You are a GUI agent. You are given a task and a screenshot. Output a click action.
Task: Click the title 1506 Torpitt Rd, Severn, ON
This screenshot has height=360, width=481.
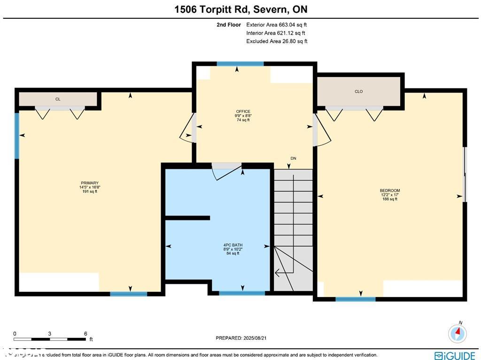point(240,9)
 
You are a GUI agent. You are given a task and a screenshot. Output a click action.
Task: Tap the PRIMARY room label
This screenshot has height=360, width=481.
point(89,183)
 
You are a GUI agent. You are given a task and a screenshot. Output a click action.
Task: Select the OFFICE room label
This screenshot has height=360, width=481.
point(243,111)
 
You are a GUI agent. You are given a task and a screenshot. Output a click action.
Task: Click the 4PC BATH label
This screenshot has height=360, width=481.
point(233,245)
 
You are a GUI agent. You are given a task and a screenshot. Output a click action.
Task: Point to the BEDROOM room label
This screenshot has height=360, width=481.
point(390,191)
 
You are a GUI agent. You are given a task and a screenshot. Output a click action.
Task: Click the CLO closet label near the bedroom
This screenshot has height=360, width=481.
point(358,92)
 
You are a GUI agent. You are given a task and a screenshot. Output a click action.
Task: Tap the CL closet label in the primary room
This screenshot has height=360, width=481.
point(58,99)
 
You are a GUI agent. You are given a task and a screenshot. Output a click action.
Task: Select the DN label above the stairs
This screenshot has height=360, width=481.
point(293,158)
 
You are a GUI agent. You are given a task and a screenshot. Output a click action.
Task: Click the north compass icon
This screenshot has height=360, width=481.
point(458,333)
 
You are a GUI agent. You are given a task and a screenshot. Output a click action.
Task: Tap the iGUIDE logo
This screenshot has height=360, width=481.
point(454,356)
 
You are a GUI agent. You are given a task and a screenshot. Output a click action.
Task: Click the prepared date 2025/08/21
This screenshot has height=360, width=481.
point(241,338)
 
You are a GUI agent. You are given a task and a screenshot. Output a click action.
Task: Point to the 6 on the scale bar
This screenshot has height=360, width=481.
point(85,334)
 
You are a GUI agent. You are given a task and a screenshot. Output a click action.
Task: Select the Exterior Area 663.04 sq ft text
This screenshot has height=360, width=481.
point(277,25)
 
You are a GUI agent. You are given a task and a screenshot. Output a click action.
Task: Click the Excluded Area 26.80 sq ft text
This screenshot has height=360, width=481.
point(277,41)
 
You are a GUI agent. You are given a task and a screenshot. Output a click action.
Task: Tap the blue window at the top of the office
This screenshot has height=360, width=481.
point(240,64)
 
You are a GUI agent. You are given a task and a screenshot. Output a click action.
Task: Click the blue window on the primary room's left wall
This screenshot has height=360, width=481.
point(17,135)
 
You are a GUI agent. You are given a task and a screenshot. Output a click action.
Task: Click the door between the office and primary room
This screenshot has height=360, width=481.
point(189,127)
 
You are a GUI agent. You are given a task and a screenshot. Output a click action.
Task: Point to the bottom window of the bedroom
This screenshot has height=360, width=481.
point(356,298)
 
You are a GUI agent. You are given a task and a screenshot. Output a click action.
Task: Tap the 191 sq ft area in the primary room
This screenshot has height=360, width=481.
point(89,191)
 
